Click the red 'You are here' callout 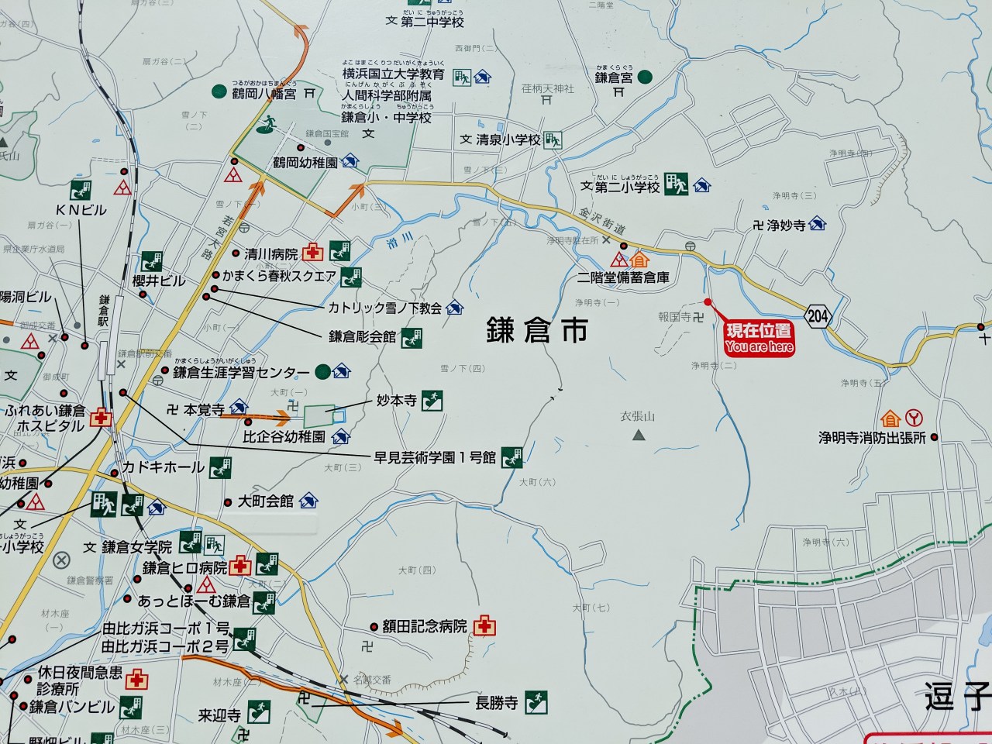pos(759,339)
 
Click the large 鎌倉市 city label pos(536,329)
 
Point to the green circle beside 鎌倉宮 pos(645,77)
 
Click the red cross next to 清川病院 pos(314,252)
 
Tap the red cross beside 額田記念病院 pos(486,625)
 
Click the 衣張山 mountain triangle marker pos(639,436)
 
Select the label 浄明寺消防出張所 pos(872,438)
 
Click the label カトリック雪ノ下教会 pos(384,308)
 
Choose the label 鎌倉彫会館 pos(362,336)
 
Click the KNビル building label pos(81,210)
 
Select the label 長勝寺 pos(496,703)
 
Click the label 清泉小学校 pos(507,140)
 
